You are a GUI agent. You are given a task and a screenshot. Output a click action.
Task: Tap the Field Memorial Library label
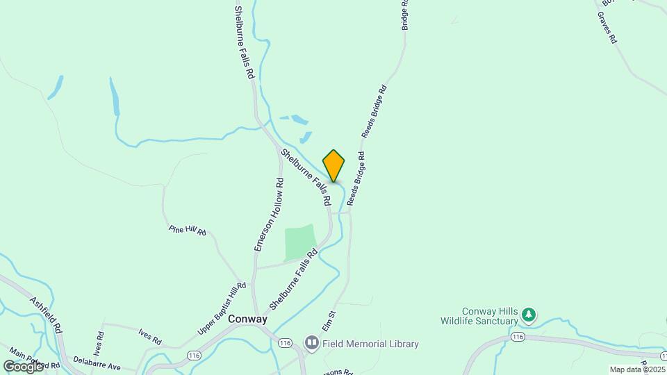[368, 344]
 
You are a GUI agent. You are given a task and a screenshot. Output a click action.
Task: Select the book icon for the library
[312, 343]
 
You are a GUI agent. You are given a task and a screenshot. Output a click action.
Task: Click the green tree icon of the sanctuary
[529, 315]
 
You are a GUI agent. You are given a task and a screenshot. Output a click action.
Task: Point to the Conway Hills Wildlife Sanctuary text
[490, 316]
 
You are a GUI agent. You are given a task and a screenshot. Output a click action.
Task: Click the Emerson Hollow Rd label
[268, 215]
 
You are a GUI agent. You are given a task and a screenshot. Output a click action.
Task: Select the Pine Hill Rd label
[188, 231]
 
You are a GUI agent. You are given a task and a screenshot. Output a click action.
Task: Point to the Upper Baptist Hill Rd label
[222, 309]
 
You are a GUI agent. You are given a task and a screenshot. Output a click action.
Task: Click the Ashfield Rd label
[47, 315]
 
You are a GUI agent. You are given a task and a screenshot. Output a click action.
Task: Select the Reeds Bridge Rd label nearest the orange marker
[356, 179]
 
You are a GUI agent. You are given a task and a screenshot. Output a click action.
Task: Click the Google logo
[23, 366]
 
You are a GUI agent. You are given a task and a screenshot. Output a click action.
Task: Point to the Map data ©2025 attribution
[637, 369]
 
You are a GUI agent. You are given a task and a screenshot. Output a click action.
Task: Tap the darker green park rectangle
[300, 242]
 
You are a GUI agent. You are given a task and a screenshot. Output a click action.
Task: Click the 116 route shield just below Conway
[284, 343]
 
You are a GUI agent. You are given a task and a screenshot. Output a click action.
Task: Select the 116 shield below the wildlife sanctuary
[516, 336]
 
